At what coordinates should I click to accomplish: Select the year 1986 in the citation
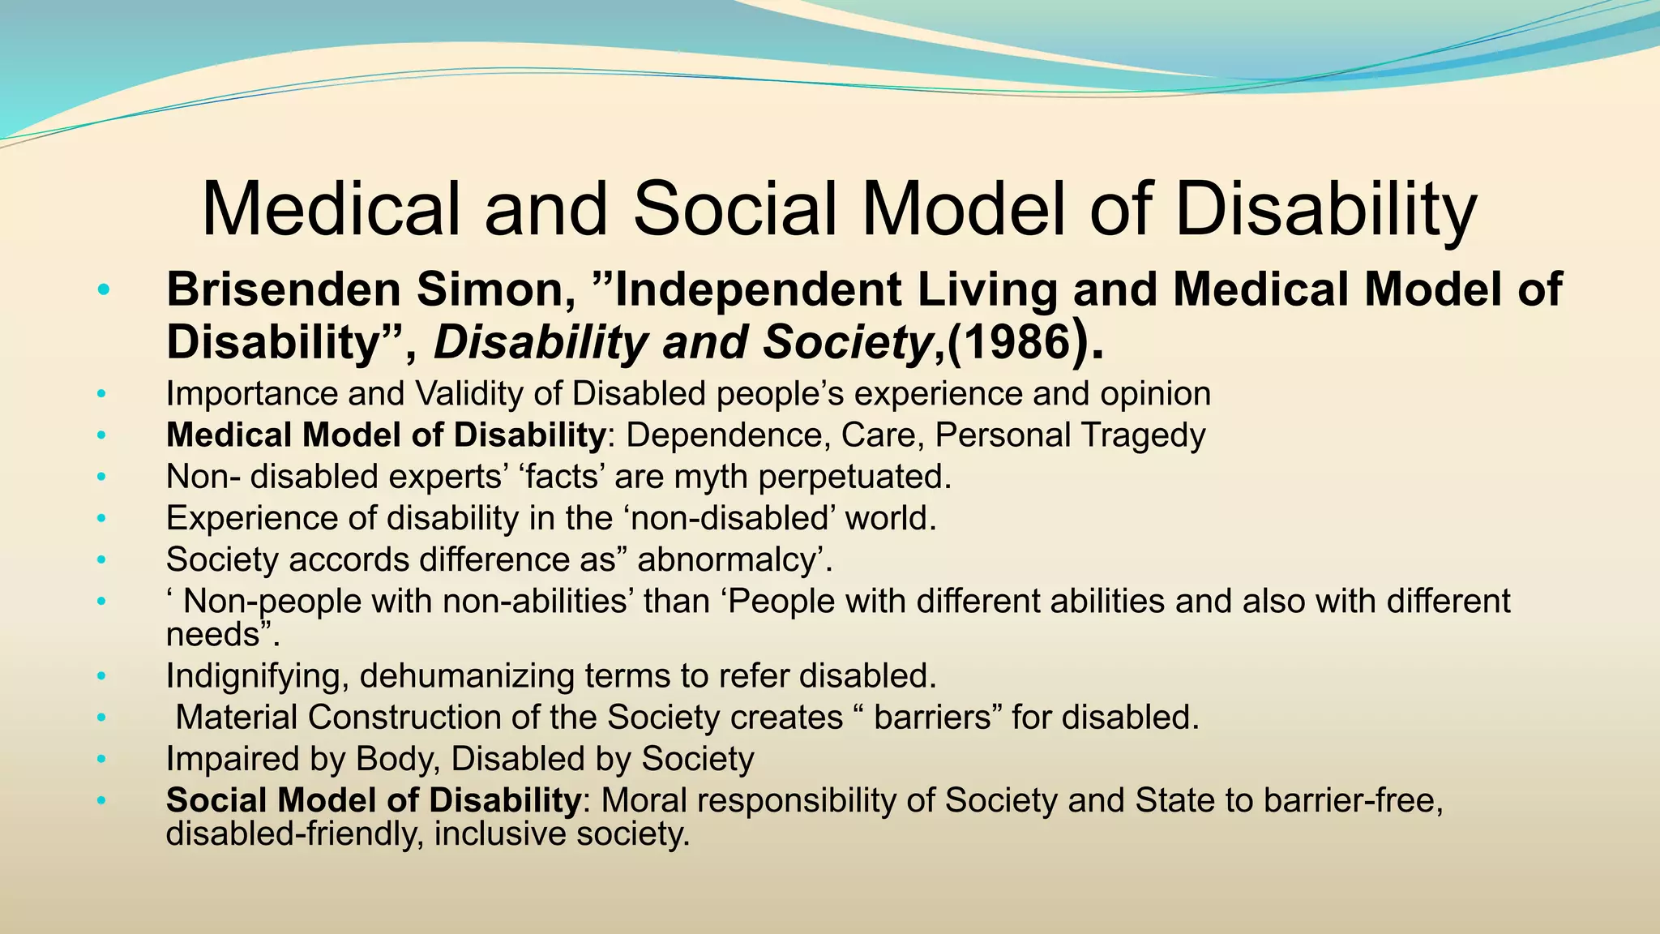[1015, 343]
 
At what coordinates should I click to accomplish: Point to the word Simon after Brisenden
[495, 290]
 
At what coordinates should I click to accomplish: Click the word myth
[712, 477]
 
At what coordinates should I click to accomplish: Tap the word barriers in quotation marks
[932, 718]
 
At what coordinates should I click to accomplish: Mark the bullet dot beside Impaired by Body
[101, 760]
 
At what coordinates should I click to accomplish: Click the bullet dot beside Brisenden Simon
[101, 290]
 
